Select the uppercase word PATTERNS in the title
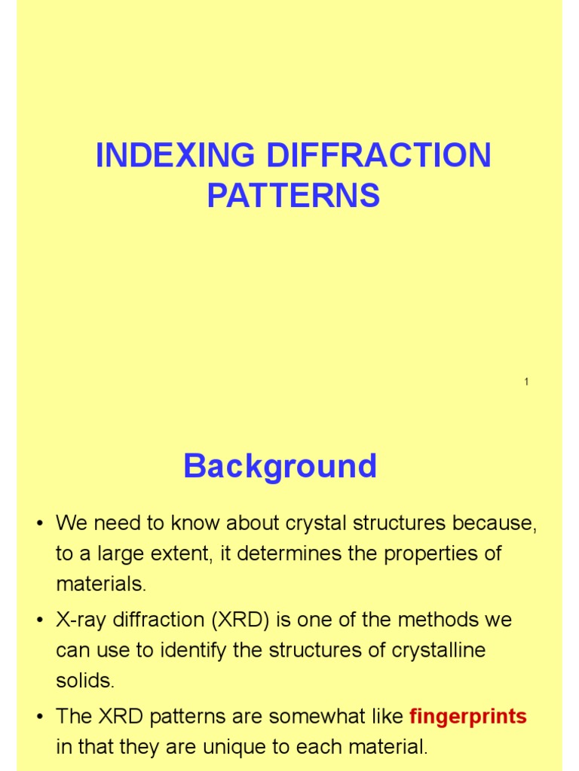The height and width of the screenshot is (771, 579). (293, 196)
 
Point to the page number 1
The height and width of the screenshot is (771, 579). (526, 382)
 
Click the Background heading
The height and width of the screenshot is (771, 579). (280, 467)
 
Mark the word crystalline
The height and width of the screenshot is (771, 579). (437, 651)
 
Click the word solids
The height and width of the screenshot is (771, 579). (85, 681)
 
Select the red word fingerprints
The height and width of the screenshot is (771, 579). (468, 717)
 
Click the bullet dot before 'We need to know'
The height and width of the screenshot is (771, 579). (39, 523)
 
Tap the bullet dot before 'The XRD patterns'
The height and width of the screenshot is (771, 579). (39, 718)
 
